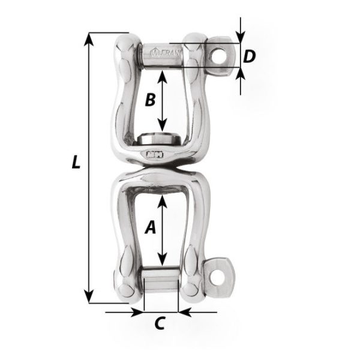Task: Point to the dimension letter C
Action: [159, 323]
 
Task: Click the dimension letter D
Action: [250, 56]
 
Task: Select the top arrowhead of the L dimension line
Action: [89, 38]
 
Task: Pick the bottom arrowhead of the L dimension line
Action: [89, 298]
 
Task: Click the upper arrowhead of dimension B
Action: [162, 76]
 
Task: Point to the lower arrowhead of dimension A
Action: [162, 263]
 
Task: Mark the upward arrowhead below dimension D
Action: [241, 74]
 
